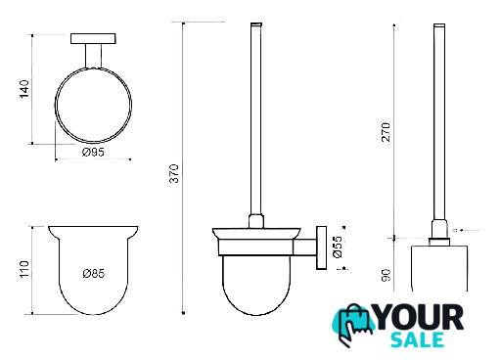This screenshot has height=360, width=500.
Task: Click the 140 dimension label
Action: [x=24, y=89]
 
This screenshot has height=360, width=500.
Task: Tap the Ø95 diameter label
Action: [x=93, y=152]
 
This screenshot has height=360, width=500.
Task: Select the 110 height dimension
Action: [x=24, y=269]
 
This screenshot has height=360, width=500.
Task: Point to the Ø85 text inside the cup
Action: [x=94, y=273]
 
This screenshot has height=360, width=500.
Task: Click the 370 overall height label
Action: [x=174, y=173]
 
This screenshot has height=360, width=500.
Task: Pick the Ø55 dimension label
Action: [x=339, y=247]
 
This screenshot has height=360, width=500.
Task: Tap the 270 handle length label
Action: [x=386, y=132]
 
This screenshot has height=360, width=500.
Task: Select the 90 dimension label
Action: [x=386, y=276]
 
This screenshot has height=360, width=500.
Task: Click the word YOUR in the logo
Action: [x=420, y=317]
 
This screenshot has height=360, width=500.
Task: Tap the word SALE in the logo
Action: [x=417, y=339]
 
